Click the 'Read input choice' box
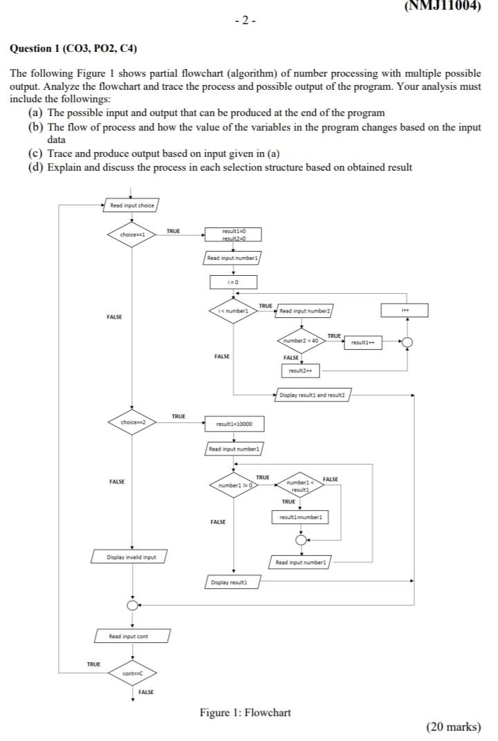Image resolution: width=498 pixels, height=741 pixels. [131, 205]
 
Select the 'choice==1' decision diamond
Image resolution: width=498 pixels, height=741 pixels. [131, 234]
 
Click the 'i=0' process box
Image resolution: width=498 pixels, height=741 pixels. [233, 282]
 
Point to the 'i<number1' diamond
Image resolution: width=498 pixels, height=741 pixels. [233, 311]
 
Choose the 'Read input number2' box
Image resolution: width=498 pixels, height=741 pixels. [305, 312]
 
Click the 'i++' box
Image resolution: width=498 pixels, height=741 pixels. [405, 311]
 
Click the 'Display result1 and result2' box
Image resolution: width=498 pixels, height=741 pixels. [313, 395]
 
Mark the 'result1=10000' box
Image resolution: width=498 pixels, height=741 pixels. [233, 423]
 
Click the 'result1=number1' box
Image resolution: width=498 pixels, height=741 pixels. [300, 516]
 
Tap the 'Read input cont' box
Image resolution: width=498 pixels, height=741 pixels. [131, 636]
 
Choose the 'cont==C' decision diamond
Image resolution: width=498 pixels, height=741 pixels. [131, 673]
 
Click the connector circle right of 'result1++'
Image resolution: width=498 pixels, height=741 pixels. [407, 342]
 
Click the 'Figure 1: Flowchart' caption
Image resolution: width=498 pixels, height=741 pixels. [245, 713]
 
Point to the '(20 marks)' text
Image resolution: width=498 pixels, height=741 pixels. [453, 726]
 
